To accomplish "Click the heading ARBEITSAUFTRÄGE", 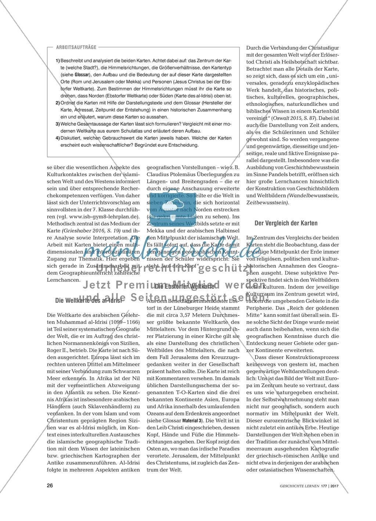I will [76, 47].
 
